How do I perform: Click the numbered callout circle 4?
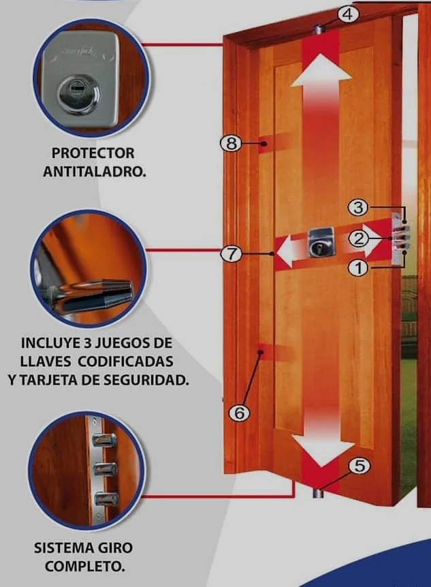348,15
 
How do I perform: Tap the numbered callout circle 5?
359,466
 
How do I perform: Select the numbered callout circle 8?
232,143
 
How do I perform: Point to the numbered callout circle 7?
232,254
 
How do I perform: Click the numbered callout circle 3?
358,207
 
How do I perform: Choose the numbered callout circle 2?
359,238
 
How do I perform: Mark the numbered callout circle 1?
358,268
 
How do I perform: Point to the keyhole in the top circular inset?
78,93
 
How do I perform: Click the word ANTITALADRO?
95,172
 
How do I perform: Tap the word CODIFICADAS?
126,362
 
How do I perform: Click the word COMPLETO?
85,566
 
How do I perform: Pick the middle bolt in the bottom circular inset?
105,469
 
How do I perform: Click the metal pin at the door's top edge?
319,29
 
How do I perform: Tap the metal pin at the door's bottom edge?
318,493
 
